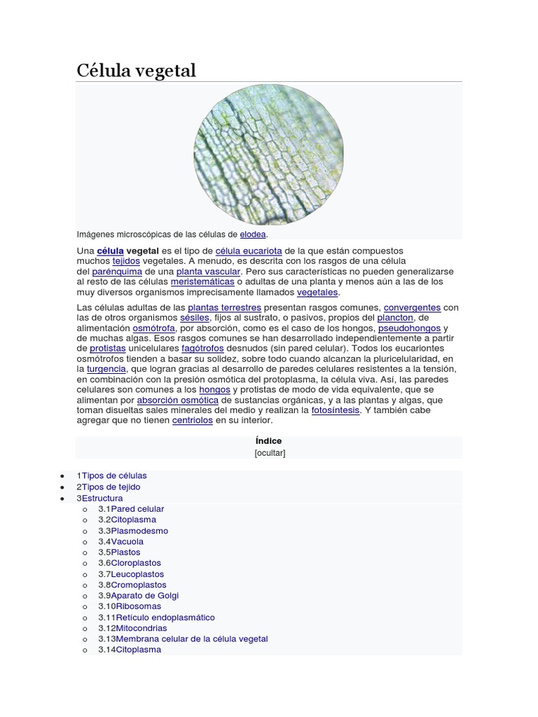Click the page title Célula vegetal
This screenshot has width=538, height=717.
[x=136, y=71]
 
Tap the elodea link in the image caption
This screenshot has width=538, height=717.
[x=253, y=235]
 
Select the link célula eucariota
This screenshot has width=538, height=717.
[x=249, y=251]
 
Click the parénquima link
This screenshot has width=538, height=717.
[x=117, y=271]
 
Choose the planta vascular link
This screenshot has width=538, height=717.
[x=208, y=271]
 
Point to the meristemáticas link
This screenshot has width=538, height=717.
[x=202, y=281]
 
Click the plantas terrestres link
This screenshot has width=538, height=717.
[x=224, y=307]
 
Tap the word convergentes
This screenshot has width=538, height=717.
[x=412, y=307]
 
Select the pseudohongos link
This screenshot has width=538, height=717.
[x=409, y=328]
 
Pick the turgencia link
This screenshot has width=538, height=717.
[x=106, y=368]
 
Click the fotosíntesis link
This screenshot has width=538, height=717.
[x=336, y=410]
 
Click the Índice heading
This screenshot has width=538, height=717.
[x=269, y=441]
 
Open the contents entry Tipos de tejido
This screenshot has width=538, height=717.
[x=111, y=487]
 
